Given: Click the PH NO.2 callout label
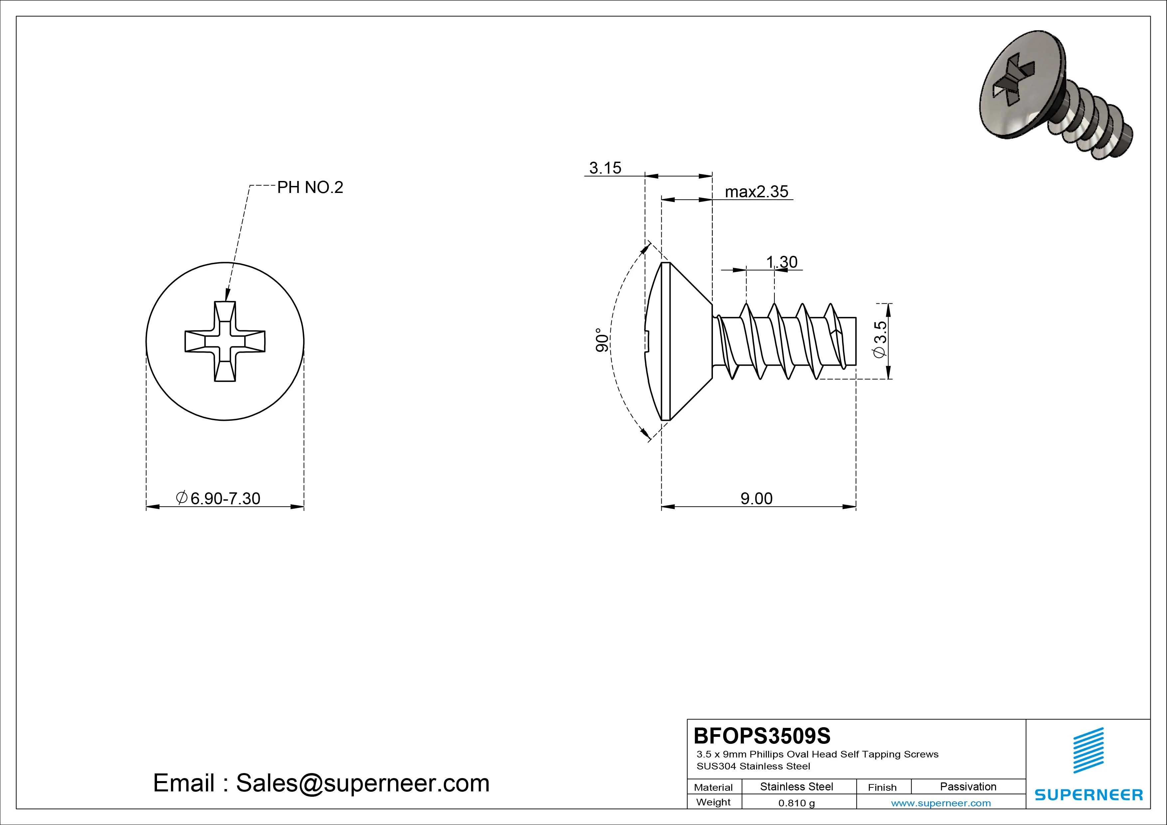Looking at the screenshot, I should tap(309, 188).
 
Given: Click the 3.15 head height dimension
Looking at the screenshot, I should tap(605, 168).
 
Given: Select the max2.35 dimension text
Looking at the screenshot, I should tap(756, 192).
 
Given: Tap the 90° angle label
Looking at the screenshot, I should tap(601, 341).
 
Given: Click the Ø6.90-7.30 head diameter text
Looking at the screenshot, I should tap(219, 498).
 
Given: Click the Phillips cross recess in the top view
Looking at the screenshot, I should tap(225, 341).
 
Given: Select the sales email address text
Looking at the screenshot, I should tap(321, 783).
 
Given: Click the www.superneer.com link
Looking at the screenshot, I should tap(941, 803).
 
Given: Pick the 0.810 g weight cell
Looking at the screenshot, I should tap(796, 803).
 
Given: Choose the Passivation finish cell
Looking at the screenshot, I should tap(968, 786).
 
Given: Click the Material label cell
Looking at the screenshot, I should tap(713, 787).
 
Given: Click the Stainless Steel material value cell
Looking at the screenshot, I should tap(796, 786).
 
